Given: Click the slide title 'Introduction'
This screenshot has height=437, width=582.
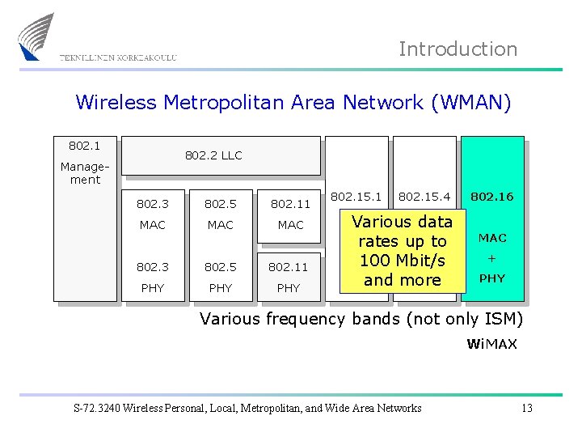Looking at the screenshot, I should tap(458, 49).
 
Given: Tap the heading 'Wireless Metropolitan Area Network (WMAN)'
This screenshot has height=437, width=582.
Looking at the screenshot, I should tap(293, 103).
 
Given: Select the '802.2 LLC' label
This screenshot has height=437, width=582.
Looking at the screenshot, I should tap(213, 155).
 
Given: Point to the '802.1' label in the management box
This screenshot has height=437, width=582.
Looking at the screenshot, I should tap(85, 146).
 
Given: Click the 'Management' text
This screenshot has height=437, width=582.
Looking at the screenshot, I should tap(85, 173).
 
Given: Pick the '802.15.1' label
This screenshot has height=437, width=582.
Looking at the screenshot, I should tap(356, 197).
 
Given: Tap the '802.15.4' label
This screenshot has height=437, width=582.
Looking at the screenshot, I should tap(424, 197).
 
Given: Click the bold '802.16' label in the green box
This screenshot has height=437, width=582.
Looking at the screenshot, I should tap(492, 197).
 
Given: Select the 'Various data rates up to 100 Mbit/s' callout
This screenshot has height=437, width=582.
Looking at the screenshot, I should tap(402, 251).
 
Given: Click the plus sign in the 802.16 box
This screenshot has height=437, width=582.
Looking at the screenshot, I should tap(492, 258).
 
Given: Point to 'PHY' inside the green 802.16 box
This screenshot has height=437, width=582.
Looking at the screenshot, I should tap(492, 278).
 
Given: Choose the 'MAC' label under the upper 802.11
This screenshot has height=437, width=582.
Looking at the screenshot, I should tap(290, 225).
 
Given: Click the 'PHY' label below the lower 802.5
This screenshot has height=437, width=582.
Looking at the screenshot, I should tap(220, 288).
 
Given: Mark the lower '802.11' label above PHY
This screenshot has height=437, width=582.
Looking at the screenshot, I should tap(289, 265).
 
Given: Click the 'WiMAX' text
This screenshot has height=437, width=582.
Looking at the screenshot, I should tap(491, 345).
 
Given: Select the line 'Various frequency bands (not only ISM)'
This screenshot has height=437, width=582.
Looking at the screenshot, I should tap(361, 319).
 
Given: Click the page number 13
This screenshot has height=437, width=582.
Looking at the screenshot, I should tap(527, 408).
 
